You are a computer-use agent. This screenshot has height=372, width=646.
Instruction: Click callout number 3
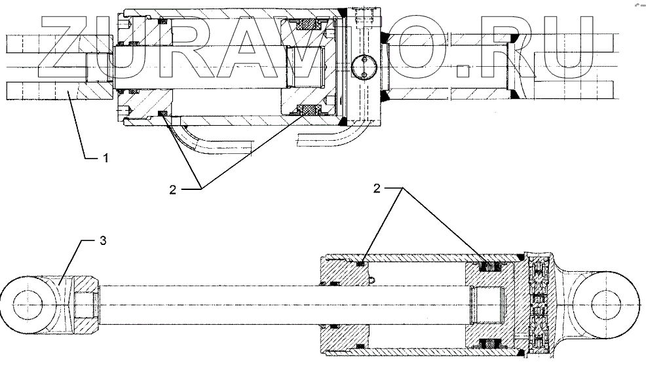pyautogui.click(x=102, y=240)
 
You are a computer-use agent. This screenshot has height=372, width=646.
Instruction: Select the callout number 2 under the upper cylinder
pyautogui.click(x=172, y=189)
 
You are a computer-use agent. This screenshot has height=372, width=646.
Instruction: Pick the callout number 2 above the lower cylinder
pyautogui.click(x=377, y=189)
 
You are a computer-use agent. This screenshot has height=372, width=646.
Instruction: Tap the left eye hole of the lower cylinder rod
pyautogui.click(x=26, y=304)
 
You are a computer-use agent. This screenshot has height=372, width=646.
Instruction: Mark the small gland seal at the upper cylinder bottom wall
pyautogui.click(x=162, y=116)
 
